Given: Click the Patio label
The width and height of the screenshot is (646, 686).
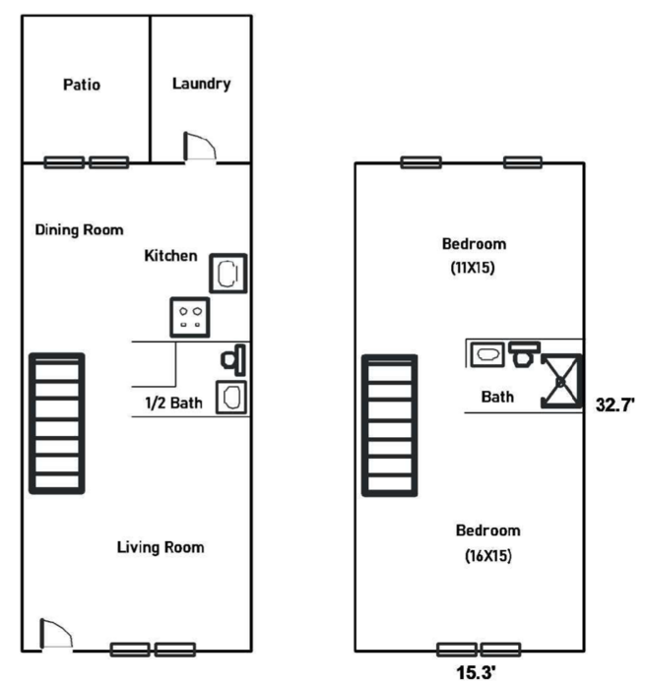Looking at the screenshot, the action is point(82,85).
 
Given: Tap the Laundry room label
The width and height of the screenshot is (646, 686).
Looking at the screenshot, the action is point(201,84).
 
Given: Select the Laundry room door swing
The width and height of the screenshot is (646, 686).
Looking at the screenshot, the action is point(200,146).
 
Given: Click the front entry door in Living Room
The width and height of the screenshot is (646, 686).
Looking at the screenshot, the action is point(56,633).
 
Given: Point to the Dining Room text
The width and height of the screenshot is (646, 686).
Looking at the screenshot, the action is point(79,229).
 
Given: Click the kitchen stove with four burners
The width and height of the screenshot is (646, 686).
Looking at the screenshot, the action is point(189,317).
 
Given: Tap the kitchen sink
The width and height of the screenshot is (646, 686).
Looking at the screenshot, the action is point(228,274).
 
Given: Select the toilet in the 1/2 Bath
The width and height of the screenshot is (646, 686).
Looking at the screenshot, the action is point(233,360).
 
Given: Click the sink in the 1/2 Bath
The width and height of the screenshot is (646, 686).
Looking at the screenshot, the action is point(231,398).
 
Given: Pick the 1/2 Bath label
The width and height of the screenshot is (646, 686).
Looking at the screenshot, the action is point(173,403).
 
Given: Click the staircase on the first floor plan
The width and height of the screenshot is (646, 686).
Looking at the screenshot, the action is point(57,423).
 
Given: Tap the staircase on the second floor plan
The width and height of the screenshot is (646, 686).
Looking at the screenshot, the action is point(390,426).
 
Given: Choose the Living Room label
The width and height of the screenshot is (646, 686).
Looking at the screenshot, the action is point(161,547).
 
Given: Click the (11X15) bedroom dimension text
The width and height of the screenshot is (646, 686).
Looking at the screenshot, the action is point(473,268).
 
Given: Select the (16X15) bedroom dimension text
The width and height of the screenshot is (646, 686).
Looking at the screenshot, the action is point(488,556).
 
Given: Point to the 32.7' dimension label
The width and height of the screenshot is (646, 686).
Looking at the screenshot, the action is point(614,405).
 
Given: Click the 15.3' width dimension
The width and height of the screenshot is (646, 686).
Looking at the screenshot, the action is point(477,672).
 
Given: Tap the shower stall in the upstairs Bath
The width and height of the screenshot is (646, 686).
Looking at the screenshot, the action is point(561,381).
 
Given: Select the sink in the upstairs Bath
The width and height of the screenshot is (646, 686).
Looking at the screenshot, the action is point(487,354).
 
